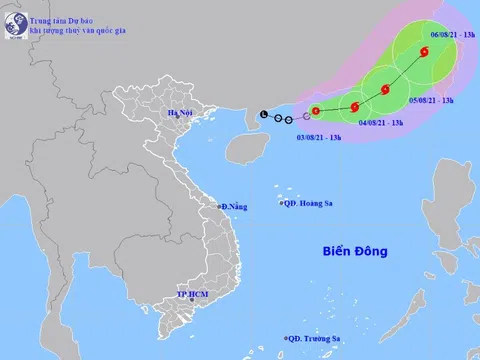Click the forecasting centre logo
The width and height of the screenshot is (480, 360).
click(13, 14)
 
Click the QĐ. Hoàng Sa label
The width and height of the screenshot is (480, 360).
click(306, 204)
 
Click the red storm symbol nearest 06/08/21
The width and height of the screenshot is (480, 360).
click(425, 52)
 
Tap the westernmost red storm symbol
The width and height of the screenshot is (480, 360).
click(316, 111)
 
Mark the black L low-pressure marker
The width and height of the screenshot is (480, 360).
click(263, 114)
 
